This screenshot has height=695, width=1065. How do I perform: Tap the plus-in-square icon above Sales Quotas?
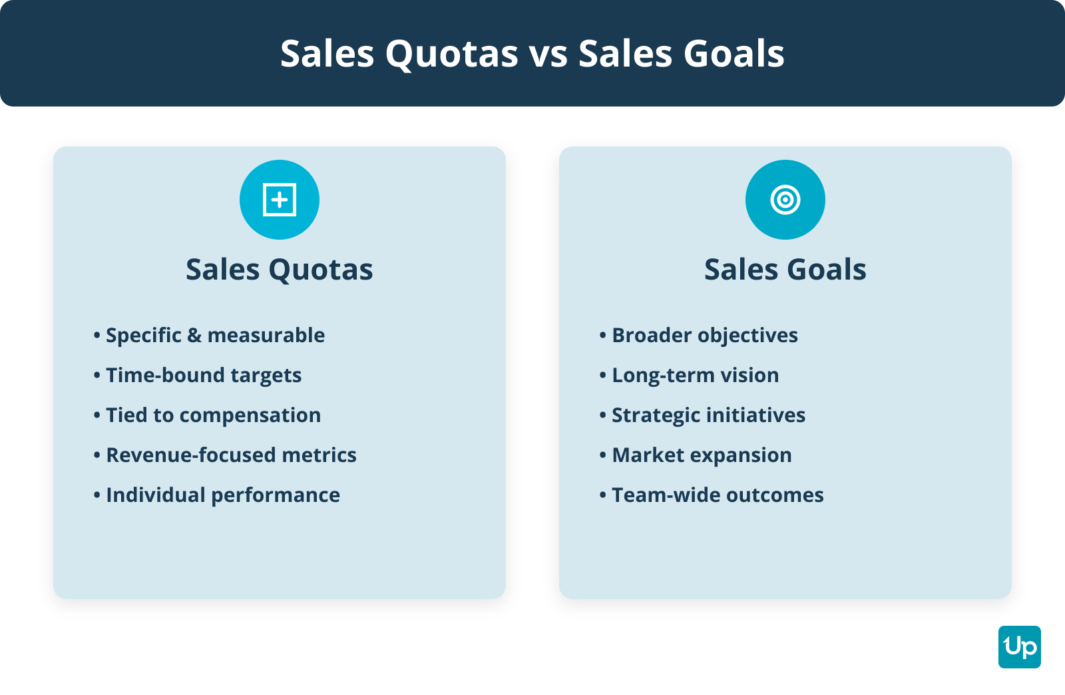(x=280, y=200)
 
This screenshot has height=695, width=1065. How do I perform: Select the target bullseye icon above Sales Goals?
(x=785, y=200)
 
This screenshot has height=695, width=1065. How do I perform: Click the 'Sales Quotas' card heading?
(x=279, y=270)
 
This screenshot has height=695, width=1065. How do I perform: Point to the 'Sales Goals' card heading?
(x=785, y=270)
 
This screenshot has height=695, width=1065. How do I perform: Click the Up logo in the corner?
(x=1019, y=647)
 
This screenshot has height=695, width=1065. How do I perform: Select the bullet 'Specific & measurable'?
(x=209, y=335)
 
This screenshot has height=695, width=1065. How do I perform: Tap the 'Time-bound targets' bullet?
(x=197, y=375)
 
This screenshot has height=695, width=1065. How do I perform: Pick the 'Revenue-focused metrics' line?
(x=225, y=455)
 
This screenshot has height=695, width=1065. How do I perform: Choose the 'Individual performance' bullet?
(x=217, y=495)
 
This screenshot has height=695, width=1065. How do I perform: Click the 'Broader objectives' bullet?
(x=698, y=336)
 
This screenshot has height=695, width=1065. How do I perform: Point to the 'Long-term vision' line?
(x=689, y=375)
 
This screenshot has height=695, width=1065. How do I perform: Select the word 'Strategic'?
(x=655, y=415)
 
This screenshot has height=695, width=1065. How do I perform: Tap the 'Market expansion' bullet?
(x=696, y=455)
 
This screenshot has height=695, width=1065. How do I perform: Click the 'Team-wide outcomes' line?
(x=712, y=495)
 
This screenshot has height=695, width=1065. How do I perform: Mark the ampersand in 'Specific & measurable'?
(x=194, y=336)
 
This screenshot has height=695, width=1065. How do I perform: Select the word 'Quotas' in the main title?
(x=452, y=54)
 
